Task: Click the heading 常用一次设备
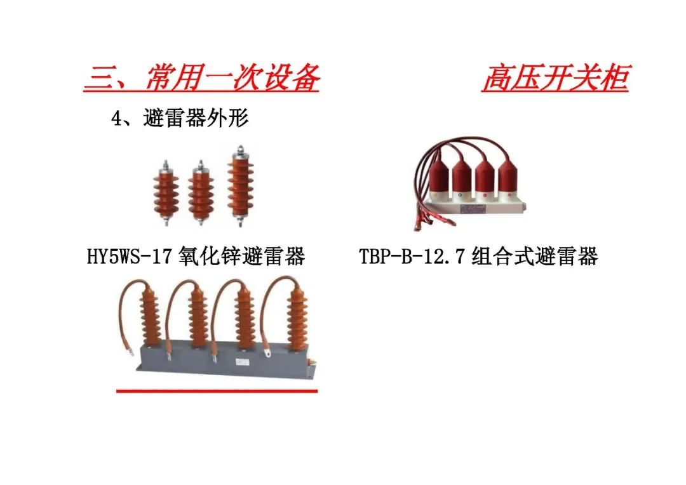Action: pos(232,79)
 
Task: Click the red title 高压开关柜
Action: pos(555,79)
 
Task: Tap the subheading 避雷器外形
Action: pos(196,118)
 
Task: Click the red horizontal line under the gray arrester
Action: pos(217,391)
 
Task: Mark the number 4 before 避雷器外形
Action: pos(116,119)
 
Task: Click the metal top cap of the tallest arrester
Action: pos(239,150)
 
